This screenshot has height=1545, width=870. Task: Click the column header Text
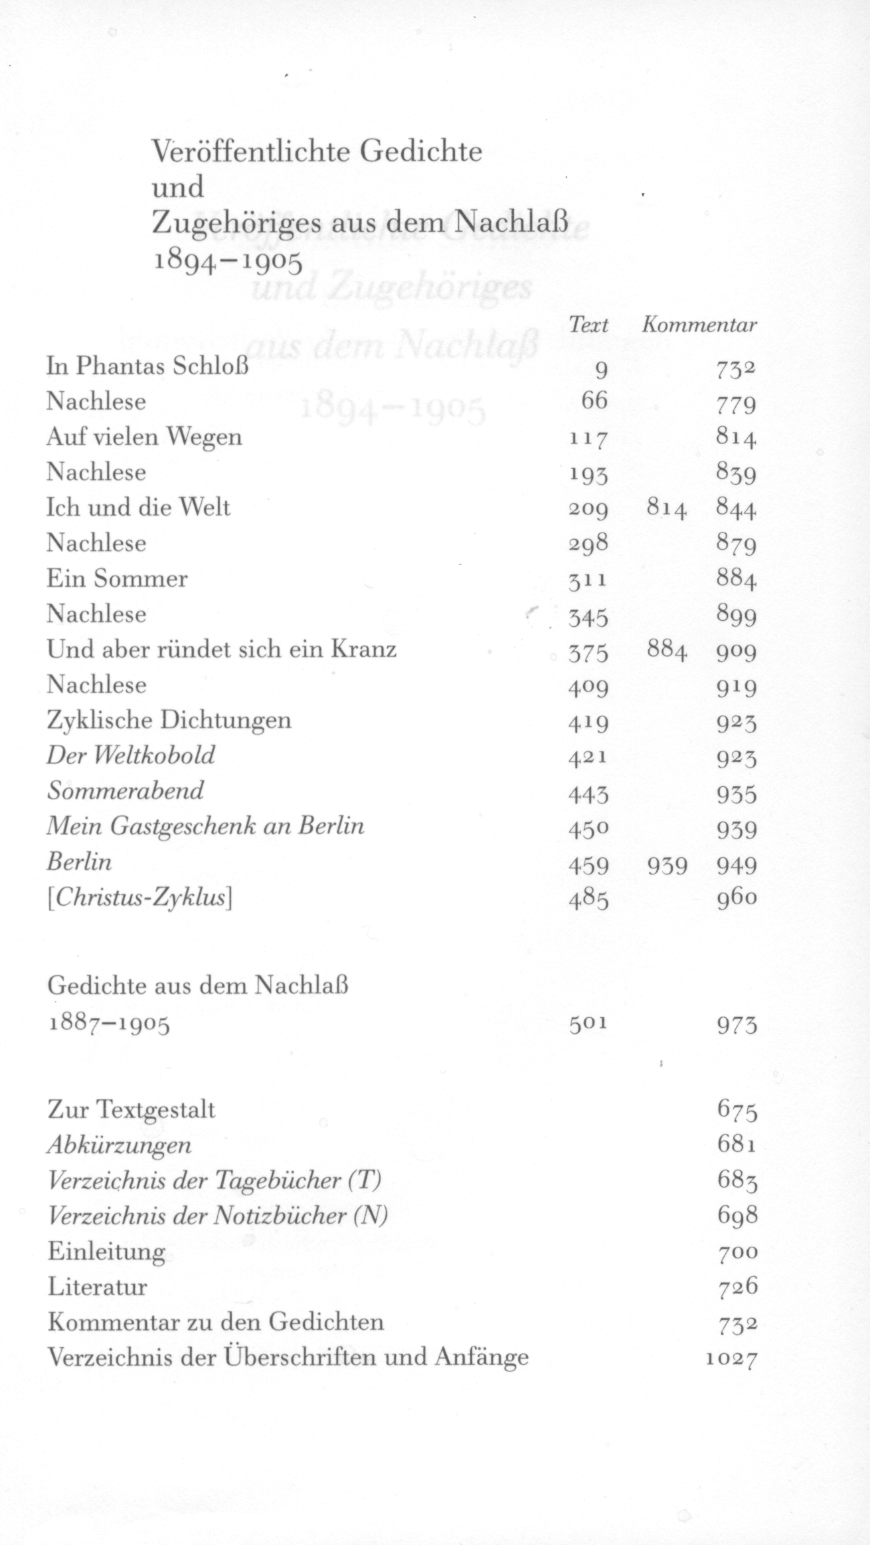click(588, 325)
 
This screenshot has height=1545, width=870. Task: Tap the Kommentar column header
click(699, 325)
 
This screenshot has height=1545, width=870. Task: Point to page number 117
click(588, 438)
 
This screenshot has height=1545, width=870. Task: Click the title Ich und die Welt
click(138, 508)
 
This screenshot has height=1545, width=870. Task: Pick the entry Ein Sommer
click(117, 578)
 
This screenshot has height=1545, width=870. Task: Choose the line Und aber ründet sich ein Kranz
click(222, 649)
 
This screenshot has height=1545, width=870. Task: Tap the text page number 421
click(588, 757)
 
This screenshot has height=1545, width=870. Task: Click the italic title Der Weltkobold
click(131, 756)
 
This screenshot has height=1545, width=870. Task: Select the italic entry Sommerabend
click(126, 791)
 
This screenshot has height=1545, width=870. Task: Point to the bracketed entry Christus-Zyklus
click(139, 898)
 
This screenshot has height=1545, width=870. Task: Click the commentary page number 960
click(737, 898)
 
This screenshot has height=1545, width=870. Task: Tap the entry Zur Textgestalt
click(131, 1109)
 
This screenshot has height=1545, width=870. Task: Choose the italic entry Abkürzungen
click(120, 1145)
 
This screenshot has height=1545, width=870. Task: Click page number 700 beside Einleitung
click(737, 1252)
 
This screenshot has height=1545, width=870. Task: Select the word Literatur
click(98, 1287)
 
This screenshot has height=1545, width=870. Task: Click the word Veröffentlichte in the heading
click(249, 152)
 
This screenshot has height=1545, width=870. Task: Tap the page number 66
click(594, 402)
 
